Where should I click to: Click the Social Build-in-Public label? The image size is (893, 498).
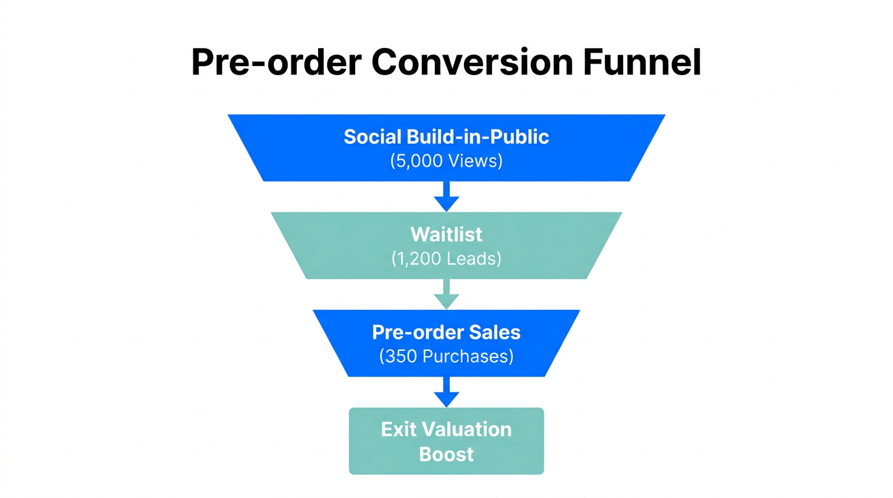pyautogui.click(x=446, y=137)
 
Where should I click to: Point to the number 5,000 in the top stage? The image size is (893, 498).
pyautogui.click(x=419, y=161)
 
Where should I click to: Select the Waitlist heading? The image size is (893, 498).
pyautogui.click(x=446, y=234)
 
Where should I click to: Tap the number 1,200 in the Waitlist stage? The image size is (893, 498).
pyautogui.click(x=418, y=259)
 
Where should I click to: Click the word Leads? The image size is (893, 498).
pyautogui.click(x=472, y=259)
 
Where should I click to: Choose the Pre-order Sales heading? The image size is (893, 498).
pyautogui.click(x=446, y=332)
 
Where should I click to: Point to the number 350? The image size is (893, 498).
pyautogui.click(x=398, y=357)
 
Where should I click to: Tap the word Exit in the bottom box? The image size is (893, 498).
pyautogui.click(x=398, y=429)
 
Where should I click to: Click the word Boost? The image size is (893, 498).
pyautogui.click(x=446, y=454)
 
